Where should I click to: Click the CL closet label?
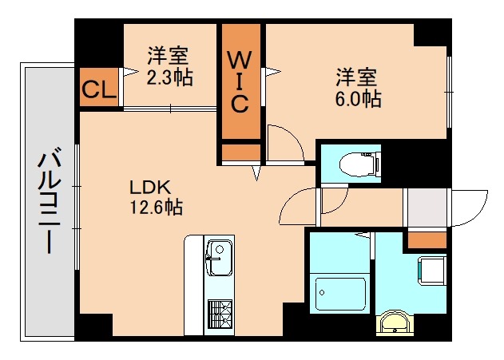[x=98, y=88]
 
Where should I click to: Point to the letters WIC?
[x=240, y=81]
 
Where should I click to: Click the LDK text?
[x=150, y=188]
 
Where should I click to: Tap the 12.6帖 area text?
[x=157, y=208]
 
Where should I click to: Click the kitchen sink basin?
[x=215, y=259]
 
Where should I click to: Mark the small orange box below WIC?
[x=240, y=151]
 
